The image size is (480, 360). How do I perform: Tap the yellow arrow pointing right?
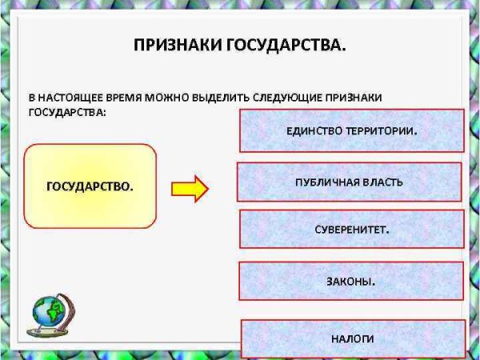[x=190, y=189]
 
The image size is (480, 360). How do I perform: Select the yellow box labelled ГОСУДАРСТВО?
[x=90, y=186]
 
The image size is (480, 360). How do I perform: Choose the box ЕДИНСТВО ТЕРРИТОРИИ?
[x=352, y=130]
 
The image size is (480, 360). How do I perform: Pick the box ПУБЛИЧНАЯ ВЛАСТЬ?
[x=349, y=182]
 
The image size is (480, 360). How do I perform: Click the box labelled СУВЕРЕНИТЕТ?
[x=351, y=229]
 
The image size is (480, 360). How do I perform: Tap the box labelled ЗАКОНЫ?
[x=351, y=281]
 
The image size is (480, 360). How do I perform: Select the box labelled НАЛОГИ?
[x=352, y=338]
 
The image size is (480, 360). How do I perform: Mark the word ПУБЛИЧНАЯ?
[x=326, y=182]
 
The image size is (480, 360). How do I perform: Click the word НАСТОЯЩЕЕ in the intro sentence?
[x=71, y=97]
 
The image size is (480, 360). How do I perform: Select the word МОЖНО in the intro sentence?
[x=174, y=97]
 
